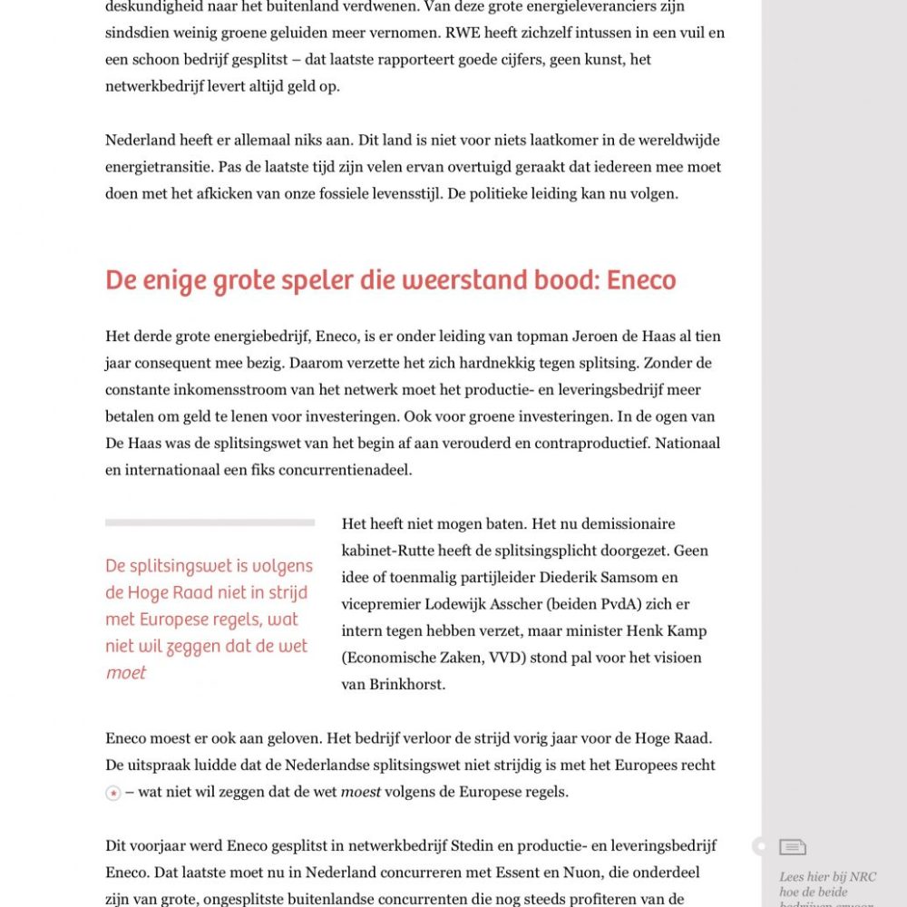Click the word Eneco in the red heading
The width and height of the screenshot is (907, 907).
click(641, 280)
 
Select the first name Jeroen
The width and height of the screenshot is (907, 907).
click(596, 336)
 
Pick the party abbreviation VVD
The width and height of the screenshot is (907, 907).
click(486, 658)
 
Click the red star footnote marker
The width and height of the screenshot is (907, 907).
click(113, 794)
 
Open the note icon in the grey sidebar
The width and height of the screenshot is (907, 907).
click(792, 847)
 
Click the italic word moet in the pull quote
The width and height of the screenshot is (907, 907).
click(126, 673)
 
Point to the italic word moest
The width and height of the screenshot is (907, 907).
click(360, 792)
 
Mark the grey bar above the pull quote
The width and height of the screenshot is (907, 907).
click(210, 522)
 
